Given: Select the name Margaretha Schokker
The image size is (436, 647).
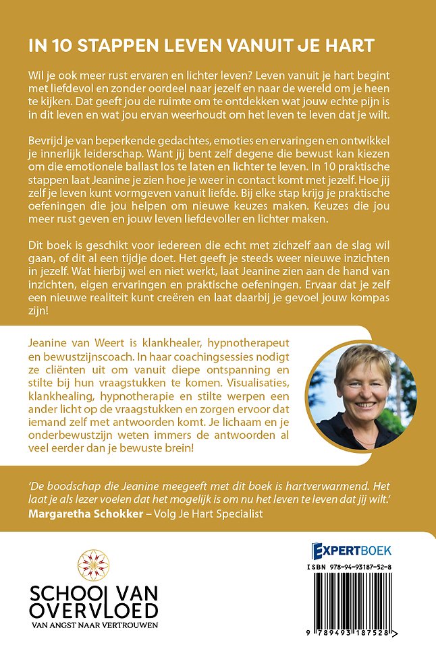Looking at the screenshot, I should (84, 516).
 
